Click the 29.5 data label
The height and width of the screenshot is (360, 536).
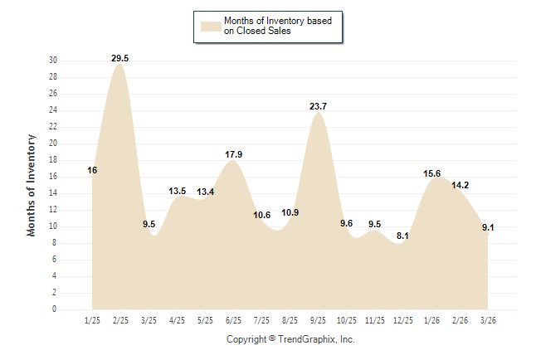tap(120, 58)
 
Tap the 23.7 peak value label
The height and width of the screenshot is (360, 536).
tap(318, 106)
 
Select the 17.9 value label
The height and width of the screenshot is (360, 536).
tap(233, 154)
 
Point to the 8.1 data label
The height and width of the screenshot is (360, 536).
tap(402, 236)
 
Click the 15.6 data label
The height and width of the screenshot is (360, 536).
tap(431, 173)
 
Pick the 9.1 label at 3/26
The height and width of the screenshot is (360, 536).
tap(487, 227)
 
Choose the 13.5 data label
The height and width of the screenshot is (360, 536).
tap(177, 191)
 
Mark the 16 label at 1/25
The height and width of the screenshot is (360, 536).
tap(92, 170)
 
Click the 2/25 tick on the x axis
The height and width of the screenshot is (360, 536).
tap(120, 320)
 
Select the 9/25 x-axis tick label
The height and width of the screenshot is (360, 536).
tap(318, 320)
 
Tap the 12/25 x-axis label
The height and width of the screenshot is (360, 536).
tap(402, 320)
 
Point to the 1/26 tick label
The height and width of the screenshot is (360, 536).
tap(431, 320)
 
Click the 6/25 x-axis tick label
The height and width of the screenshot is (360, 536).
tap(233, 320)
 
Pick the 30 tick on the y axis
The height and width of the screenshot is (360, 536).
tap(53, 61)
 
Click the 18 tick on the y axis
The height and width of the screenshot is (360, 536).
tap(53, 160)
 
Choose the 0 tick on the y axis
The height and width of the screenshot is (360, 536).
tap(55, 309)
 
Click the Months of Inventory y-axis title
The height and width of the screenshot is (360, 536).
tap(32, 185)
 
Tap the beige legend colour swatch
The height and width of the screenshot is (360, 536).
tap(210, 27)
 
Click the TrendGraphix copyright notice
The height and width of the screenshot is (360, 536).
tap(290, 339)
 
